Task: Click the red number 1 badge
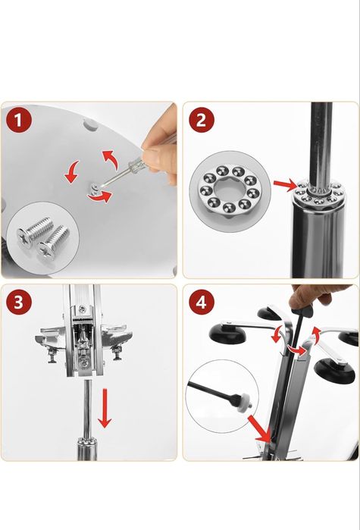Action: point(19,121)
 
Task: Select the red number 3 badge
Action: point(19,302)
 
